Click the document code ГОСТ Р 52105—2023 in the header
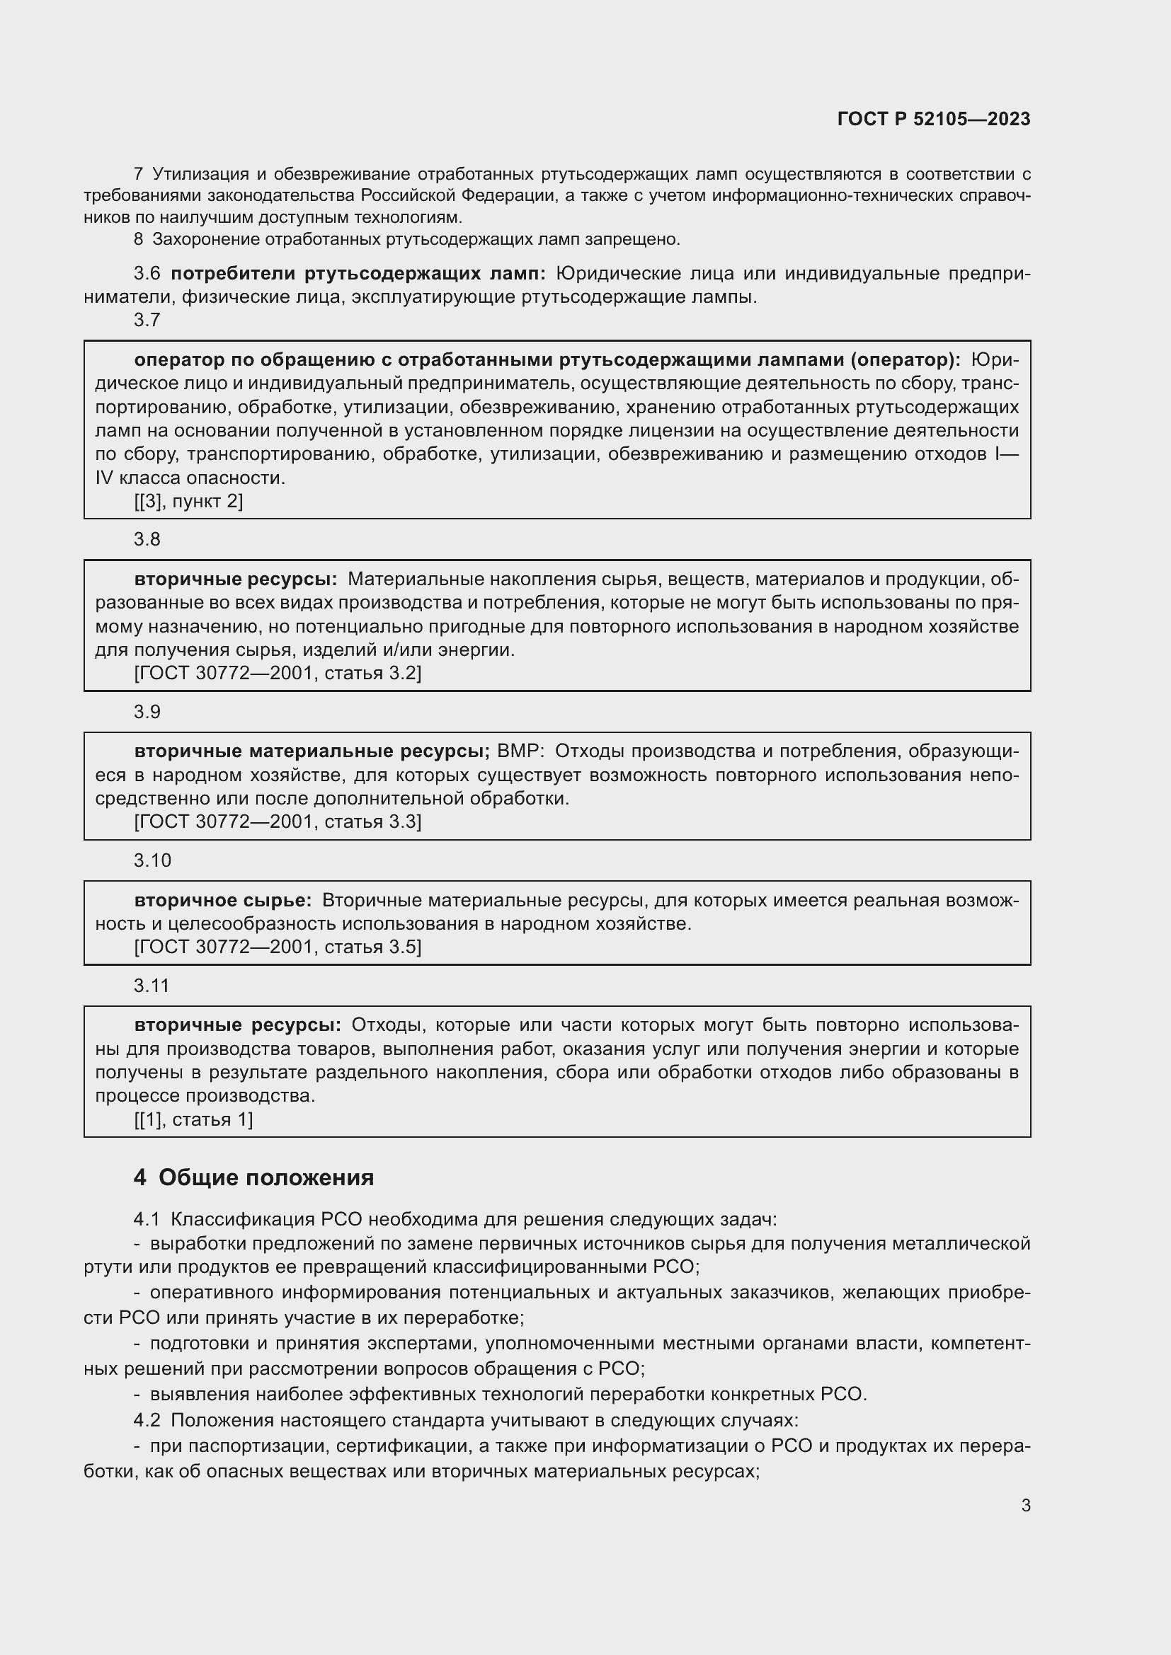(x=933, y=119)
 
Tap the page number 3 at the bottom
(x=1025, y=1505)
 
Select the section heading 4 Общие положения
(x=254, y=1177)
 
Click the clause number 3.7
(x=147, y=320)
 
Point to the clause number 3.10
(x=152, y=860)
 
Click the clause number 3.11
(x=152, y=985)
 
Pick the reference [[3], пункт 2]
(x=188, y=501)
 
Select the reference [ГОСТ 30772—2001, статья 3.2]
(x=278, y=672)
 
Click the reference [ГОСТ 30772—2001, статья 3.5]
(x=278, y=947)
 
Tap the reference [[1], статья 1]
(x=193, y=1119)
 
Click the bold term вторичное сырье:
(x=223, y=900)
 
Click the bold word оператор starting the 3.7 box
(x=181, y=359)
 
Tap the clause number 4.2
(x=147, y=1420)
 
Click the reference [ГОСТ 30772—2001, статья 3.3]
(x=278, y=821)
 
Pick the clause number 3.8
(x=147, y=539)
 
